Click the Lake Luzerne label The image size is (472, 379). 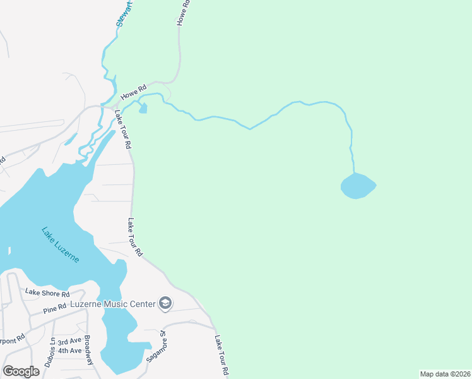(61, 245)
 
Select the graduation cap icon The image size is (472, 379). (165, 304)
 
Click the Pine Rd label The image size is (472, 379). (55, 310)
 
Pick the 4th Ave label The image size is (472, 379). (69, 351)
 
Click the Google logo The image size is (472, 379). (21, 371)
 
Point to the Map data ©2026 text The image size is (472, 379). (445, 374)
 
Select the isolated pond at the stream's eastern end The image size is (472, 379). (358, 186)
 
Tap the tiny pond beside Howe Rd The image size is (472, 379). (143, 109)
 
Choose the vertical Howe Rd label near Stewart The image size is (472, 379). (182, 12)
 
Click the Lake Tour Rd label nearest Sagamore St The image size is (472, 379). (220, 356)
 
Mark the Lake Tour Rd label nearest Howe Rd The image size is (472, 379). (124, 129)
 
